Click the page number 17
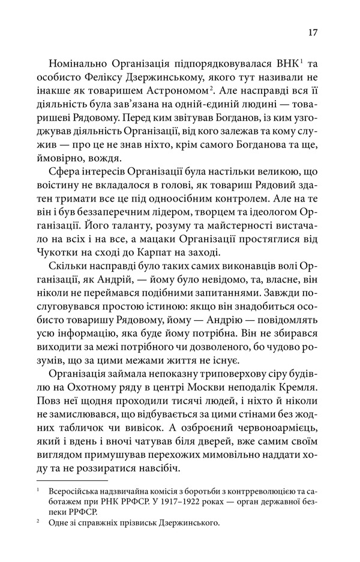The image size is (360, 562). click(313, 32)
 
